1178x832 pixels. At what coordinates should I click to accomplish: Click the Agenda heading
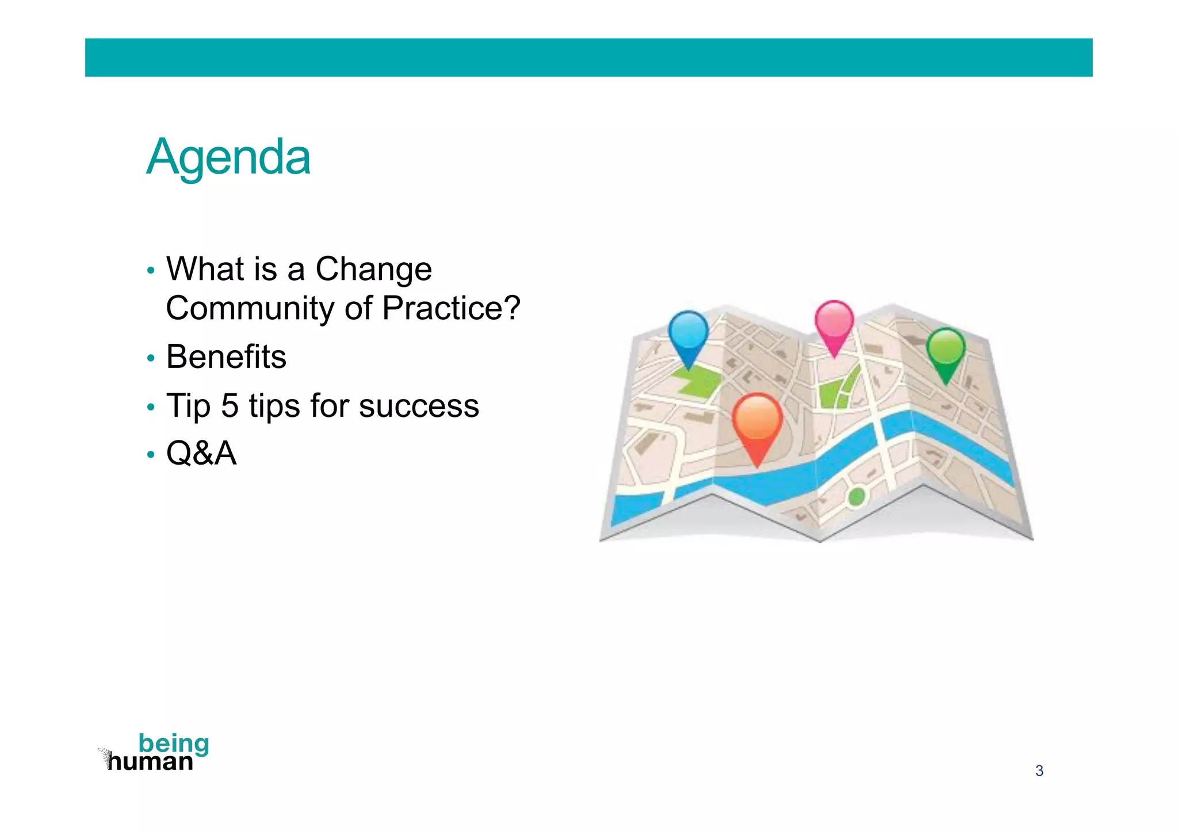(228, 157)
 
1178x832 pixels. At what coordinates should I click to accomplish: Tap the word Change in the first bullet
(373, 269)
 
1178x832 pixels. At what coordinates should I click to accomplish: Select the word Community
(250, 308)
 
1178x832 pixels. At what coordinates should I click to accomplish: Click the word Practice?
(451, 308)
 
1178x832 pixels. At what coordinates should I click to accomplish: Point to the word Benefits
(226, 357)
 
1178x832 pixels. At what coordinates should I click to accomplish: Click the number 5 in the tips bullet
(230, 406)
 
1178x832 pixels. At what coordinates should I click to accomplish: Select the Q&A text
(201, 454)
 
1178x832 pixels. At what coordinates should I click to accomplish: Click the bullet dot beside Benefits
(151, 359)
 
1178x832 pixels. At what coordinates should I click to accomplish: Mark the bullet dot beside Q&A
(151, 455)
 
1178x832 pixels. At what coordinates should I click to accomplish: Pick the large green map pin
(945, 349)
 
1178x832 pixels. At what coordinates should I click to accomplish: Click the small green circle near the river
(856, 496)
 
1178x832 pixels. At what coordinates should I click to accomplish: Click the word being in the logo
(174, 744)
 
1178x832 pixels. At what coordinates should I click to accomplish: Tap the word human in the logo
(151, 762)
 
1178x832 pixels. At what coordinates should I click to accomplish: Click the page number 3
(1039, 771)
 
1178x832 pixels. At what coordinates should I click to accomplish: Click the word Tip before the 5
(188, 406)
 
